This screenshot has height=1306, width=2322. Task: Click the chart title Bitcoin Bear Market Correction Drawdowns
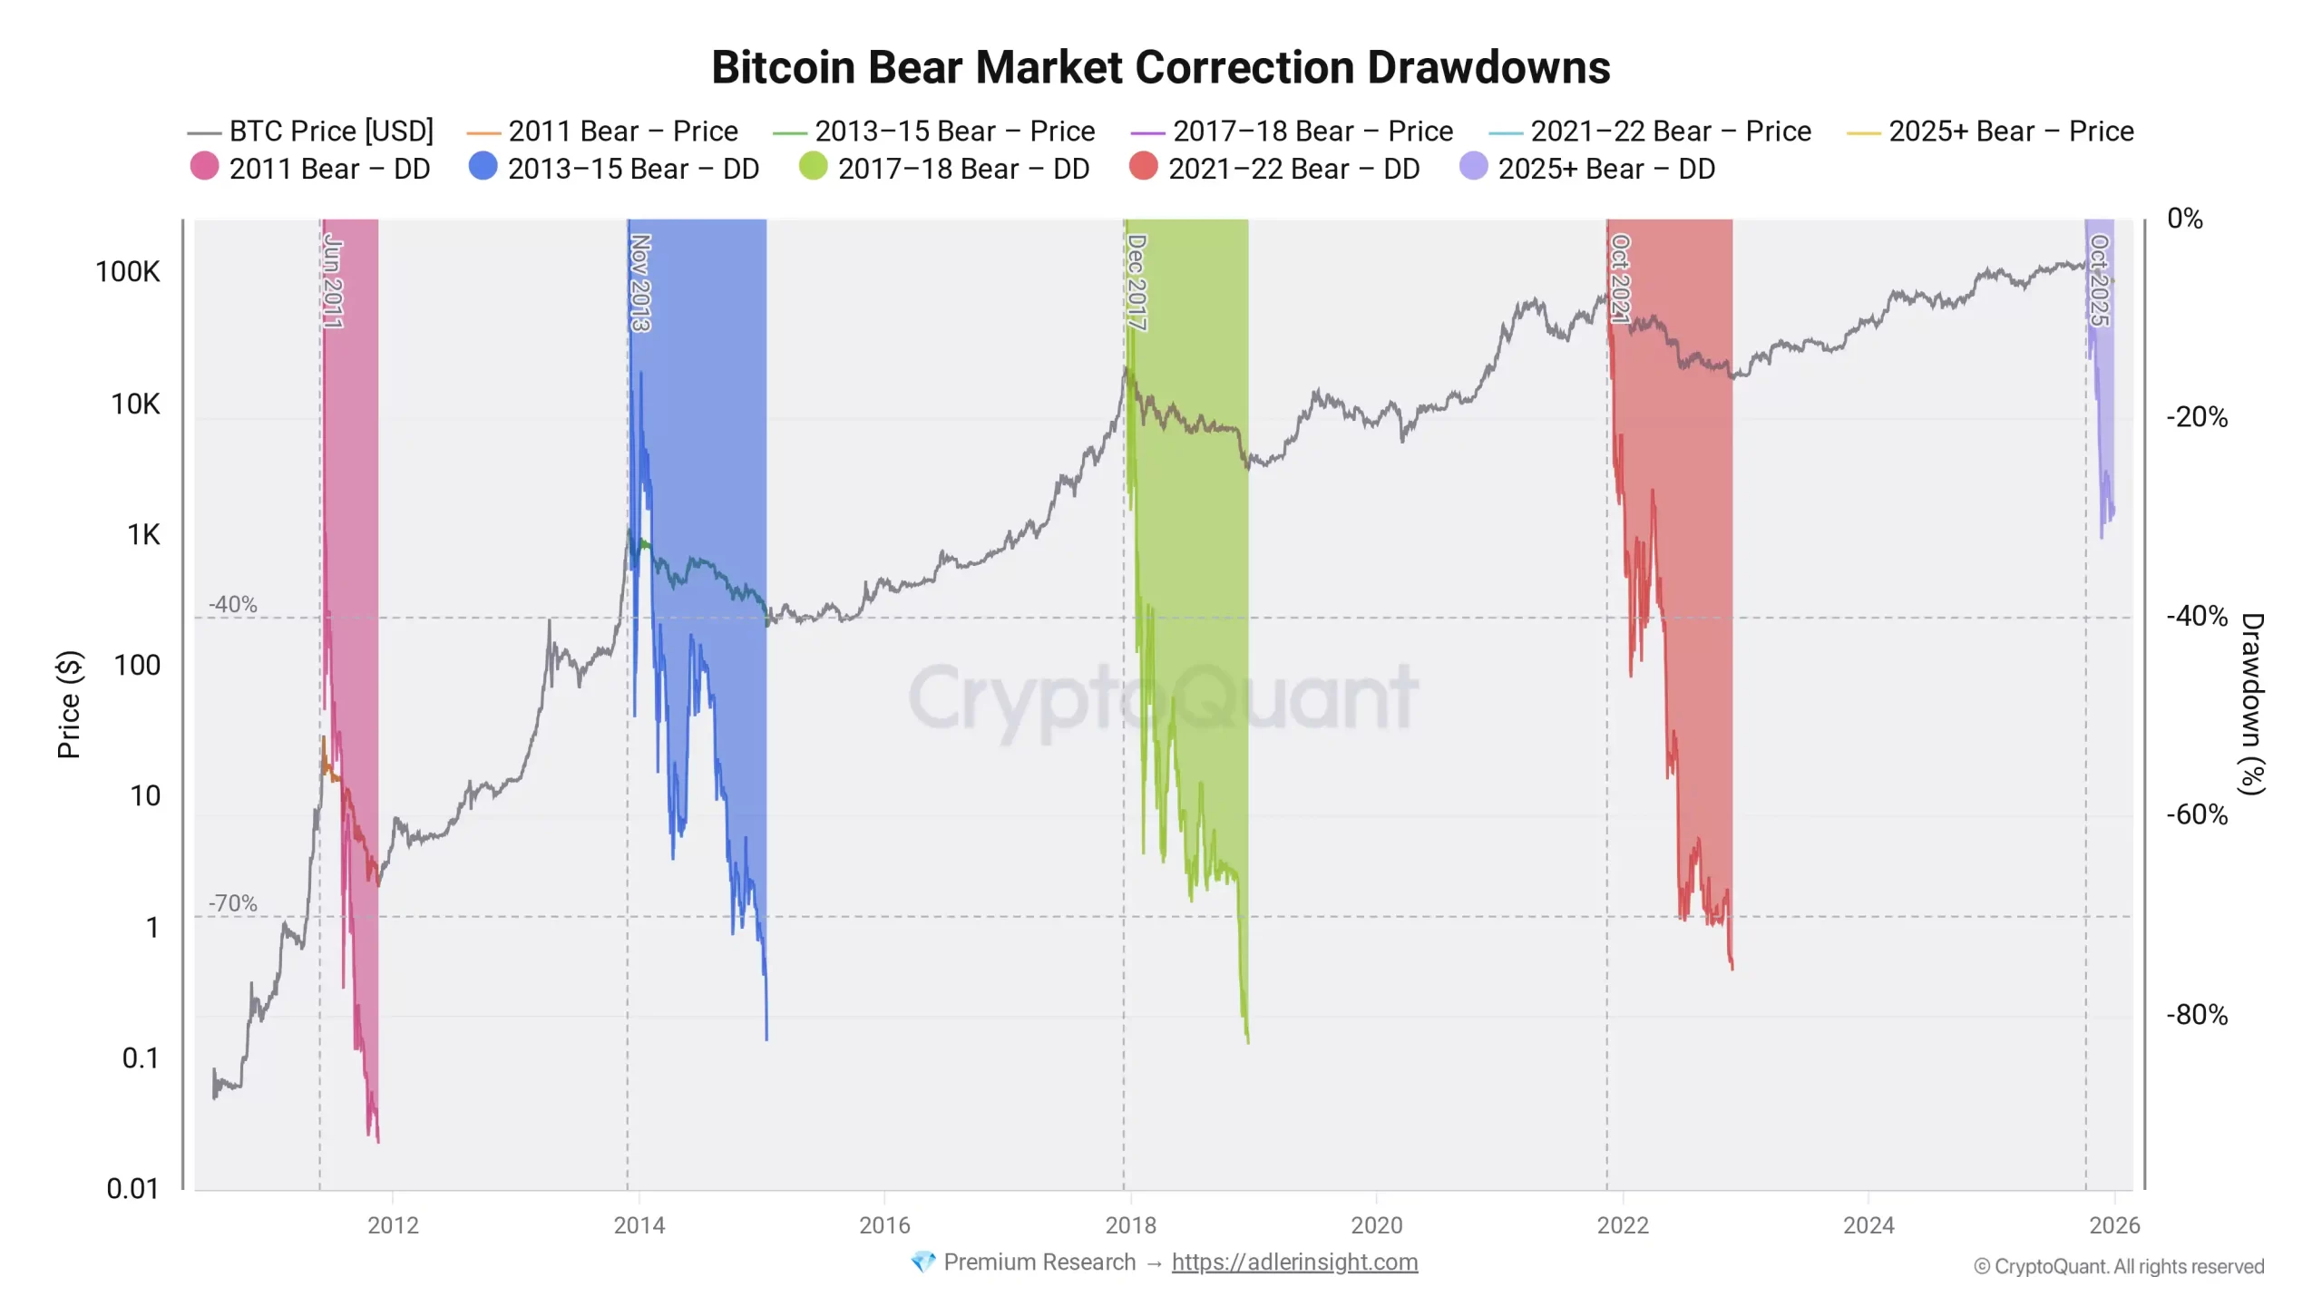[1160, 67]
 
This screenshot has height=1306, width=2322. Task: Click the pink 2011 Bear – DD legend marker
[205, 168]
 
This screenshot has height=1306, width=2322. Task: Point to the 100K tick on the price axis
[128, 272]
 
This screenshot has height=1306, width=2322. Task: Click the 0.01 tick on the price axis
[132, 1188]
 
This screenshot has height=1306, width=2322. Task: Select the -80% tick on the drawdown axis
[2196, 1014]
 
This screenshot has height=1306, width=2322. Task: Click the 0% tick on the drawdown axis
[2184, 219]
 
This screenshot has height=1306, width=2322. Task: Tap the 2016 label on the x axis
[884, 1225]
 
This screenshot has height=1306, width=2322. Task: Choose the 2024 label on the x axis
[1868, 1225]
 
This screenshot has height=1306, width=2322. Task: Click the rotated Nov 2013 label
[640, 283]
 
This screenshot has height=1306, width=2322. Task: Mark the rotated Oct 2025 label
[2099, 280]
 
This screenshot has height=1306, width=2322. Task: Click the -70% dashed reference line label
[233, 903]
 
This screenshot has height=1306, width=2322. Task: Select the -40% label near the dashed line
[233, 604]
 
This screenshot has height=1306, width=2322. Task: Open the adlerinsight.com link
[1294, 1262]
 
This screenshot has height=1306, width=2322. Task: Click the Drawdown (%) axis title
[2252, 704]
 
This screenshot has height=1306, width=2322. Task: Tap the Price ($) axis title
[69, 704]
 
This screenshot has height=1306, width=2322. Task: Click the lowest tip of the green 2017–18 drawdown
[1248, 1041]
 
